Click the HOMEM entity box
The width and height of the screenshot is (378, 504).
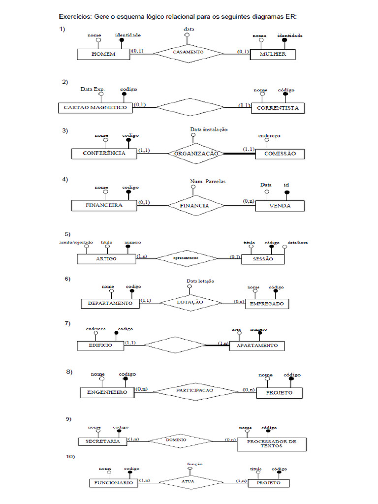(103, 54)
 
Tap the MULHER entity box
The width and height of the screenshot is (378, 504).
(273, 54)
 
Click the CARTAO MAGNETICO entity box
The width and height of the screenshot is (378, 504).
(95, 107)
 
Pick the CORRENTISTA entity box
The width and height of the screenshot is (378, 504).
(278, 108)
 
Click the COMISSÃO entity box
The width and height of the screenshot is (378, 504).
(280, 154)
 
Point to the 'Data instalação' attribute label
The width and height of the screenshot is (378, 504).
(209, 129)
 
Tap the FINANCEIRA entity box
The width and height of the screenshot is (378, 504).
(104, 205)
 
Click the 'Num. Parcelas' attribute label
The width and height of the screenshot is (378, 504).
(208, 182)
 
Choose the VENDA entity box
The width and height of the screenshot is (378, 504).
(280, 206)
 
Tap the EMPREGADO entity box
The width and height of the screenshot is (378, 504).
(267, 304)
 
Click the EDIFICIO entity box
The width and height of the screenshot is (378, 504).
(100, 345)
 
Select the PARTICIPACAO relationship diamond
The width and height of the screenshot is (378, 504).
(194, 390)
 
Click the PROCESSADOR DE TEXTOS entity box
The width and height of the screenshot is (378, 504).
(271, 444)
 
